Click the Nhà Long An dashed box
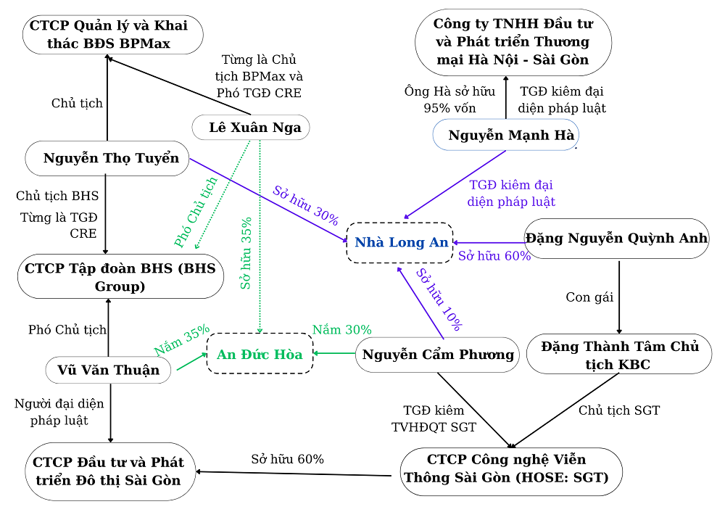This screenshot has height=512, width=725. click(400, 242)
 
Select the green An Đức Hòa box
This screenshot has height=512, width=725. click(260, 354)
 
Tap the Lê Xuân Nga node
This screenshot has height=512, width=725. click(251, 128)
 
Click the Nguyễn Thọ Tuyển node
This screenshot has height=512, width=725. click(107, 158)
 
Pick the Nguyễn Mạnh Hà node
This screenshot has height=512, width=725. click(506, 135)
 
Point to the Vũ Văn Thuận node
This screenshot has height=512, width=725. click(109, 370)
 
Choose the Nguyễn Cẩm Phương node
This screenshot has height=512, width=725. click(438, 355)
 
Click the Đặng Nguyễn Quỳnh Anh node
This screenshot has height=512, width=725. click(616, 239)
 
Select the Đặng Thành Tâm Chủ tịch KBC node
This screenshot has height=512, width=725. click(619, 355)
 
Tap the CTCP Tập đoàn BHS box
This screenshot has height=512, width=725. click(120, 276)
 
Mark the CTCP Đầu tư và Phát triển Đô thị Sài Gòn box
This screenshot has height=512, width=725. click(109, 471)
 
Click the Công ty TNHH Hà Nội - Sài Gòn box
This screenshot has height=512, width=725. click(513, 41)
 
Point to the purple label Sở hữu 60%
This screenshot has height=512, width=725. click(494, 256)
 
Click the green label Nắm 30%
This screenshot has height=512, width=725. click(341, 330)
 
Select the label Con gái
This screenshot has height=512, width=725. click(589, 297)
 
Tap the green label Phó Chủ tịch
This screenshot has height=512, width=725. click(196, 212)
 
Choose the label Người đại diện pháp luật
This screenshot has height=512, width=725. click(59, 411)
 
